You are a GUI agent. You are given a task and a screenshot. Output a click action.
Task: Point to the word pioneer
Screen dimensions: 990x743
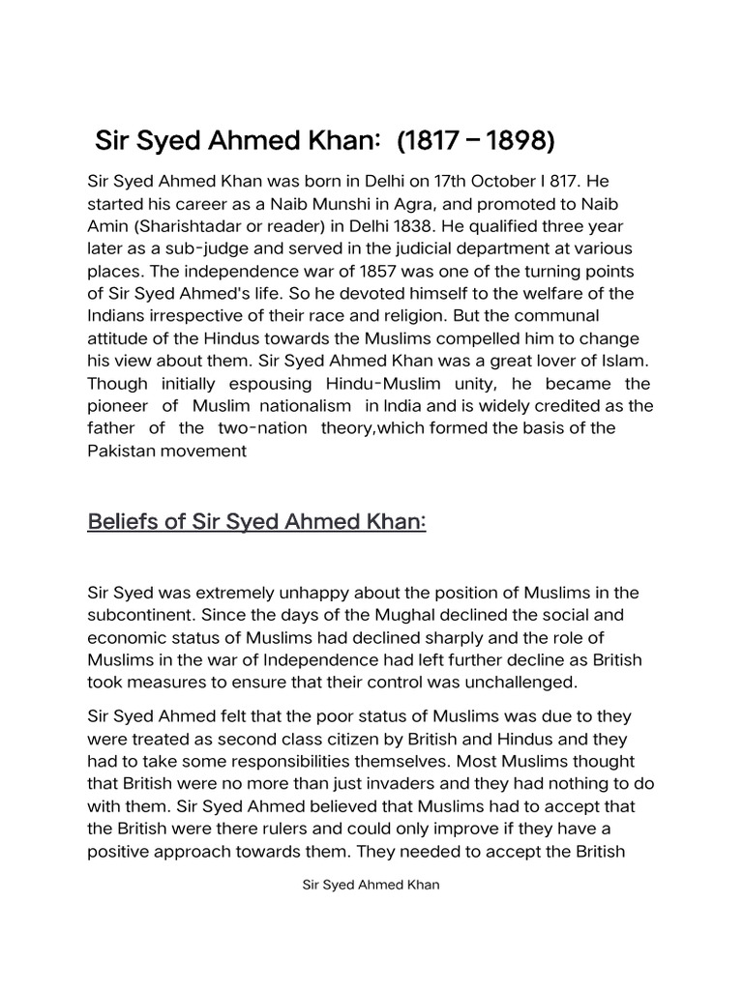114,406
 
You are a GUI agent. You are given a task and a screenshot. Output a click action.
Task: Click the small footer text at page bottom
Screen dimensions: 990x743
371,886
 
